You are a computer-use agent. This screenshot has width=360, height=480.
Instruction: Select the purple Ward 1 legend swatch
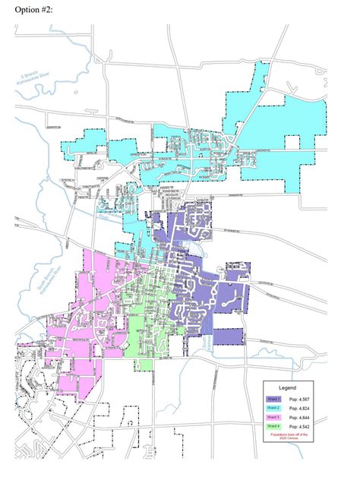click(273, 399)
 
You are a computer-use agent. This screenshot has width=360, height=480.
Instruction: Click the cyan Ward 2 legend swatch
click(273, 409)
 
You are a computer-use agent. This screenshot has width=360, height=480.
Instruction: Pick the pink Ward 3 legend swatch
click(273, 418)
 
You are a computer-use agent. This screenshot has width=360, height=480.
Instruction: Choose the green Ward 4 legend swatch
click(273, 428)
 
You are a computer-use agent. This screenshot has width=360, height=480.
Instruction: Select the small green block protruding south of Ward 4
click(142, 365)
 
